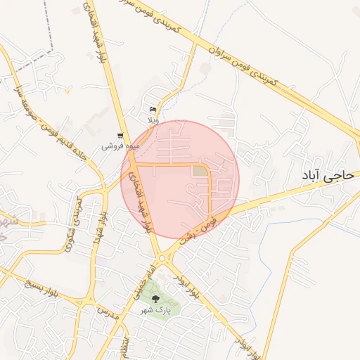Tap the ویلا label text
tap(153, 120)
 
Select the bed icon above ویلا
tap(153, 109)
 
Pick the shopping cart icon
tap(121, 135)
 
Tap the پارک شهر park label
tap(155, 309)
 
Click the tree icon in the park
tap(155, 299)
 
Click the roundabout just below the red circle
tap(164, 259)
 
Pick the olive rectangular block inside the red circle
tap(200, 172)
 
